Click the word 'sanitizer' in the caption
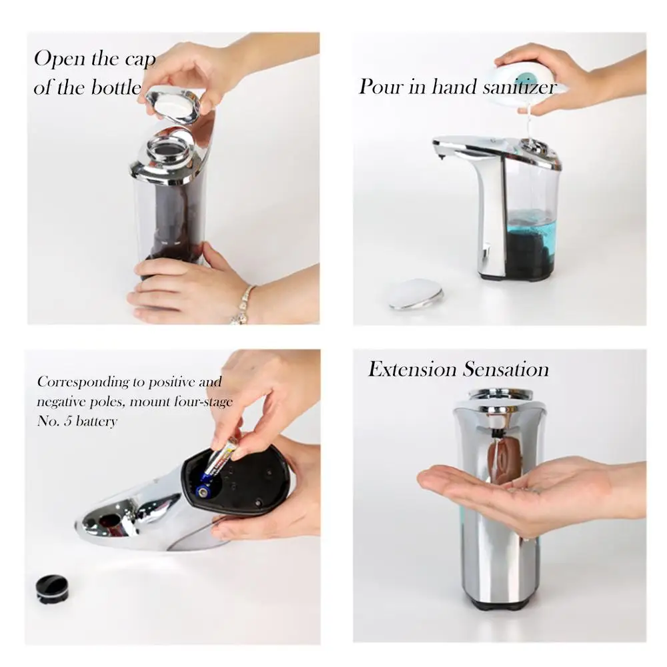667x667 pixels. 519,87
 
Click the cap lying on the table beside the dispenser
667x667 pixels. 416,294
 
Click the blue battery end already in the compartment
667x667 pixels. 203,492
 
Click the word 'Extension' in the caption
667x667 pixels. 412,369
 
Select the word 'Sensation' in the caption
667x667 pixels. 506,369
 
